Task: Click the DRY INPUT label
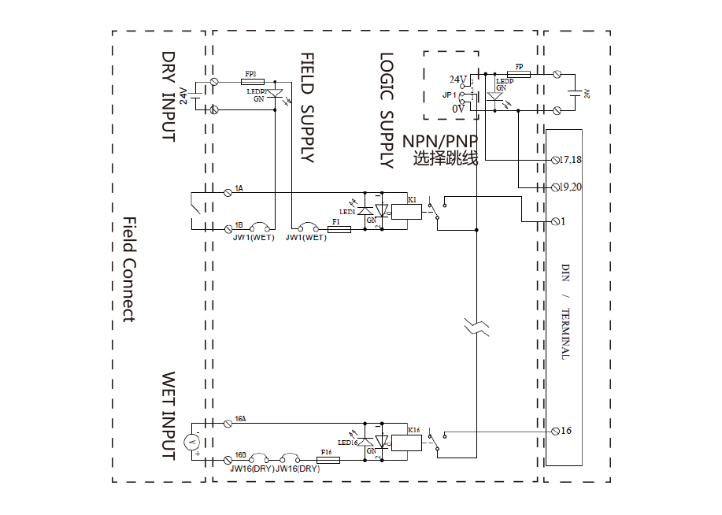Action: tap(168, 97)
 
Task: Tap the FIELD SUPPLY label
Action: tap(307, 108)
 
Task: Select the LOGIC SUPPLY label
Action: tap(386, 110)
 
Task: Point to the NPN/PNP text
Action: tap(440, 141)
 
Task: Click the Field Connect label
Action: tap(129, 269)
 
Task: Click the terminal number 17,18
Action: tap(570, 160)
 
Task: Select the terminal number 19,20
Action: tap(570, 187)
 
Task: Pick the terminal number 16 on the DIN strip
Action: tap(566, 431)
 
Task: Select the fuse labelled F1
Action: tap(339, 230)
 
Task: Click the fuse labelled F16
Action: tap(328, 460)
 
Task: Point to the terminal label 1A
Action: tap(239, 189)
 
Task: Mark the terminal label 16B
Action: tap(240, 455)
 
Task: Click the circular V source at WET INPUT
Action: tap(190, 443)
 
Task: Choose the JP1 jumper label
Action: tap(450, 94)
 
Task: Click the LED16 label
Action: tap(348, 443)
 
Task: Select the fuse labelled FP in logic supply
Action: tap(519, 74)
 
